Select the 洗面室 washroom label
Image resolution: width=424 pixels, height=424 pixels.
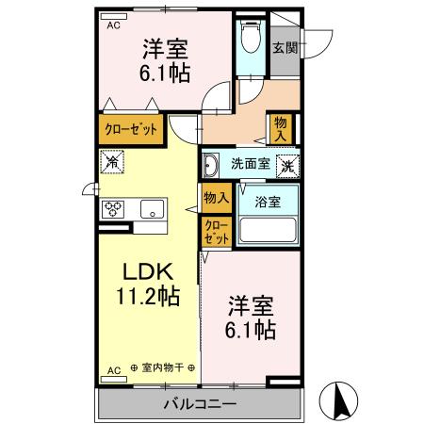point(250,163)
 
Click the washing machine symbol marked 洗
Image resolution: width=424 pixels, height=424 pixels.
point(287,164)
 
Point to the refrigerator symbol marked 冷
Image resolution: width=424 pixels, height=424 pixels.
point(110,162)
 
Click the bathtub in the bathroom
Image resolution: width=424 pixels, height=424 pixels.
point(269,229)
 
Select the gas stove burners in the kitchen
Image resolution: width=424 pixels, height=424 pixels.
point(114,209)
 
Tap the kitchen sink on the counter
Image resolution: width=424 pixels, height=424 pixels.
point(152,210)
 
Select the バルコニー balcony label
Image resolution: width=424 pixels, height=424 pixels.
point(202,403)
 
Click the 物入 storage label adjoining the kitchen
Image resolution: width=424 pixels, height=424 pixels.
point(216,197)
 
